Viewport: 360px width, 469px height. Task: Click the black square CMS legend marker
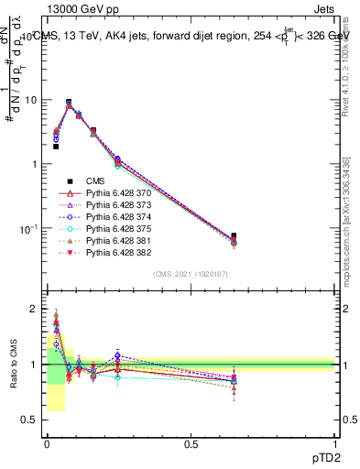pyautogui.click(x=69, y=181)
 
